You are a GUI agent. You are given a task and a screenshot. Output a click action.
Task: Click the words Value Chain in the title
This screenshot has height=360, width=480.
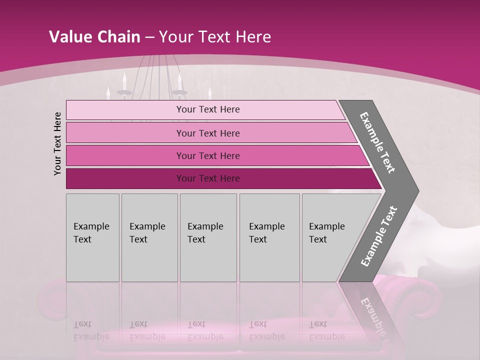[94, 37]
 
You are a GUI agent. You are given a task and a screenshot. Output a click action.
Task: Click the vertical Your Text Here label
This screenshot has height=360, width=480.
[57, 143]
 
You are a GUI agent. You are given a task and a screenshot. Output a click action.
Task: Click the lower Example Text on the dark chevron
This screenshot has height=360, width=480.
[379, 236]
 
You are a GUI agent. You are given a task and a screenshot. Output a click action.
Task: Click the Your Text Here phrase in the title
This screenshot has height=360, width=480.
[215, 37]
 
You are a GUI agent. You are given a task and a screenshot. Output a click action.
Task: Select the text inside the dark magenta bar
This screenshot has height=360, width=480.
[208, 178]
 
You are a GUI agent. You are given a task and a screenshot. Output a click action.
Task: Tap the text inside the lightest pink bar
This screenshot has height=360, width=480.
[208, 109]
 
